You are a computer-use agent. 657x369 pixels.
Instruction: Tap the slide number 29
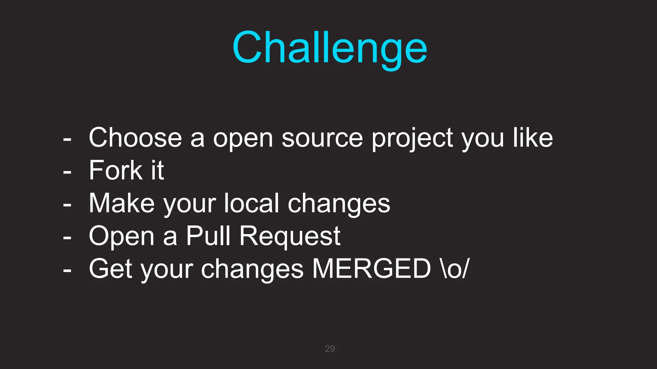(x=330, y=349)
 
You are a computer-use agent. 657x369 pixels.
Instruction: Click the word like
(x=533, y=138)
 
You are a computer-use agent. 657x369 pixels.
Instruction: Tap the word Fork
(x=115, y=170)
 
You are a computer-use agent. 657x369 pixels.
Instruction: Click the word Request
(x=290, y=236)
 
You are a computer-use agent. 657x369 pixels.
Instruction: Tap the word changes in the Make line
(x=339, y=204)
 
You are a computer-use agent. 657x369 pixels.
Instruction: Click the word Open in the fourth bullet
(x=122, y=236)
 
